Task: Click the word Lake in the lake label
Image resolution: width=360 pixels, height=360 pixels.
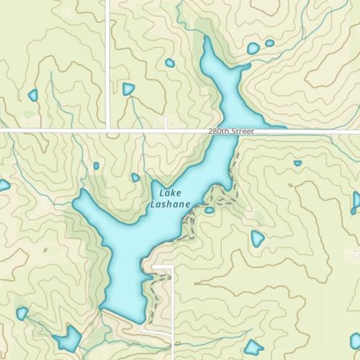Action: point(171,194)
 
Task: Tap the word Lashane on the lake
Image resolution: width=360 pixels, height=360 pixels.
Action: point(171,204)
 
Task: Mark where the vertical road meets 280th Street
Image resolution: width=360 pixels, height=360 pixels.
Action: point(108,130)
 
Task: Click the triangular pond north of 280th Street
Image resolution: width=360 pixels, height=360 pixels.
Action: point(128,89)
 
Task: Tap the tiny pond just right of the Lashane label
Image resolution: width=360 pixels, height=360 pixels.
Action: point(209,210)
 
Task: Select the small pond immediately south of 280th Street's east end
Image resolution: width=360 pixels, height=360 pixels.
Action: point(297,163)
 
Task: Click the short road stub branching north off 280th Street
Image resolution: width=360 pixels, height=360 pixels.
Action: point(166,123)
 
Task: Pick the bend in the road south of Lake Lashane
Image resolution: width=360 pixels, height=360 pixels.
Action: point(172,267)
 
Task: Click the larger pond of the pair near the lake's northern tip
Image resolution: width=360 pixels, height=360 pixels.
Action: point(253,49)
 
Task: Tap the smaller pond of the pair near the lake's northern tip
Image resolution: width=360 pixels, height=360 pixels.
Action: point(269,43)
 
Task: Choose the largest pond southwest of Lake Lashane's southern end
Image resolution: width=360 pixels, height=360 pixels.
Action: point(70,337)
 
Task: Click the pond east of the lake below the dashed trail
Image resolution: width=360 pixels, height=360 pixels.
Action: point(257,238)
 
